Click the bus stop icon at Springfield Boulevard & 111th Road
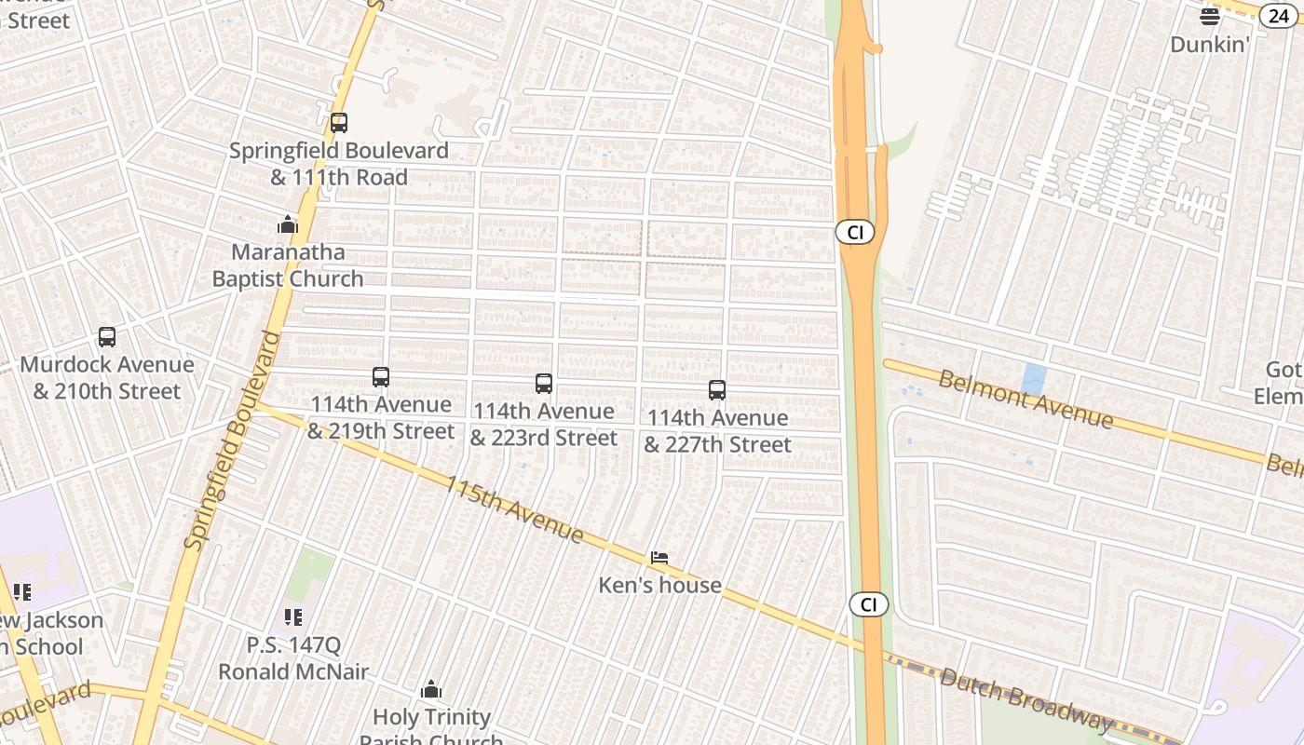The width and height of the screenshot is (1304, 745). click(339, 122)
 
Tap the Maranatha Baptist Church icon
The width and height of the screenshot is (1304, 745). click(288, 224)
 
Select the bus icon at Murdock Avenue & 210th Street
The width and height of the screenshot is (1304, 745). click(107, 337)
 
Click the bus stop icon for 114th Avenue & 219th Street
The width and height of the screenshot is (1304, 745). click(380, 377)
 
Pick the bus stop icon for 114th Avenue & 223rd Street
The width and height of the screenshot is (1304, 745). click(544, 384)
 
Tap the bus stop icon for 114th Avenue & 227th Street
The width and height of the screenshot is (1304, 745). click(717, 390)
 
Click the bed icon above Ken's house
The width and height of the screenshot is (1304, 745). click(659, 558)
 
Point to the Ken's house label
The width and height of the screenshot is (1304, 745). click(659, 585)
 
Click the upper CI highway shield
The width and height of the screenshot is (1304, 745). click(854, 232)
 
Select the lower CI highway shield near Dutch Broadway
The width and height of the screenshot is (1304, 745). click(868, 604)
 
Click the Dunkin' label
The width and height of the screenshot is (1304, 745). click(1209, 44)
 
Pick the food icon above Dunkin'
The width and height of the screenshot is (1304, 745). click(1209, 16)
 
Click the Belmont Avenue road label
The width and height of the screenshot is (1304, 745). click(1025, 400)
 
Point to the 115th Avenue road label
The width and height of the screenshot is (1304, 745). click(513, 509)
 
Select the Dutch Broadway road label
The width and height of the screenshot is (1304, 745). click(1026, 698)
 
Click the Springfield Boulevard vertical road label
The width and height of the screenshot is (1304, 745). click(232, 440)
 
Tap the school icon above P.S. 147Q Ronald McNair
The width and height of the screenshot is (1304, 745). click(293, 616)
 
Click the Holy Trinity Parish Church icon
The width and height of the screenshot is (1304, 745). click(430, 689)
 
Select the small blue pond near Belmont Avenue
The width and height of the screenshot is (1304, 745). click(1033, 379)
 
